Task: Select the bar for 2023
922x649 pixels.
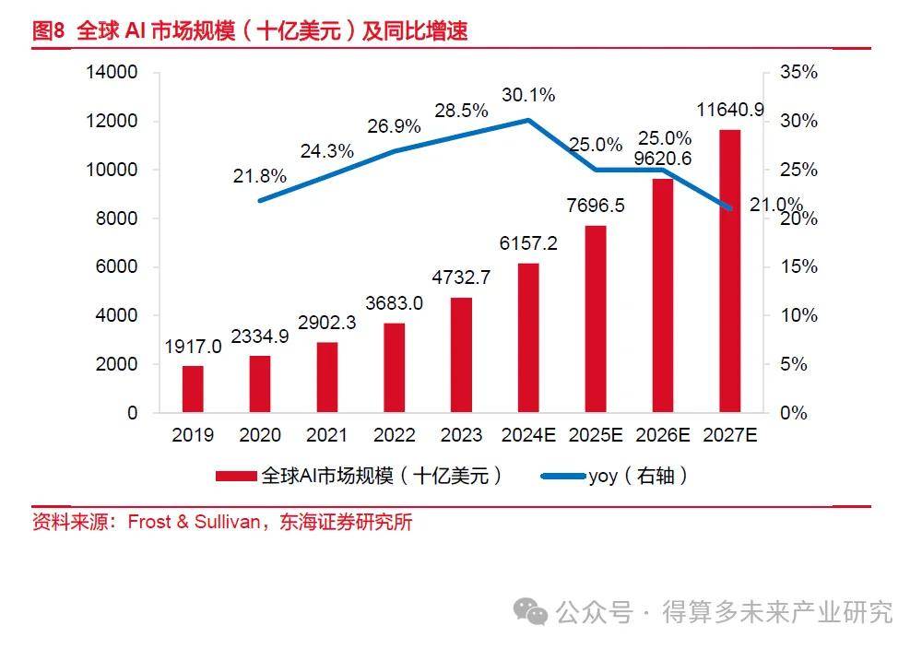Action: pyautogui.click(x=462, y=355)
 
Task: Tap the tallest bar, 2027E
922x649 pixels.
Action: pyautogui.click(x=729, y=271)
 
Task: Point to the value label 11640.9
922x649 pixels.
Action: pyautogui.click(x=730, y=111)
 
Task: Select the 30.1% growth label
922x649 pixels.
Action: pyautogui.click(x=528, y=95)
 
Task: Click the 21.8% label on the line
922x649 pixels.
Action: pyautogui.click(x=259, y=176)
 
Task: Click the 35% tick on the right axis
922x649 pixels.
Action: pyautogui.click(x=798, y=73)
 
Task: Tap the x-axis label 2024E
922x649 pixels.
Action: pyautogui.click(x=528, y=436)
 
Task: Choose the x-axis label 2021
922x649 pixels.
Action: pyautogui.click(x=327, y=436)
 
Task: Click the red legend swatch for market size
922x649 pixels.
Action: pyautogui.click(x=237, y=477)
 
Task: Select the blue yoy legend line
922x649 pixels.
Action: pyautogui.click(x=561, y=477)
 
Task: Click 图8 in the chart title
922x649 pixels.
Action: pyautogui.click(x=48, y=31)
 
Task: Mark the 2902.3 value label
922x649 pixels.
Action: pyautogui.click(x=327, y=323)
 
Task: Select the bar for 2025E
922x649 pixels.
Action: pyautogui.click(x=596, y=319)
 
